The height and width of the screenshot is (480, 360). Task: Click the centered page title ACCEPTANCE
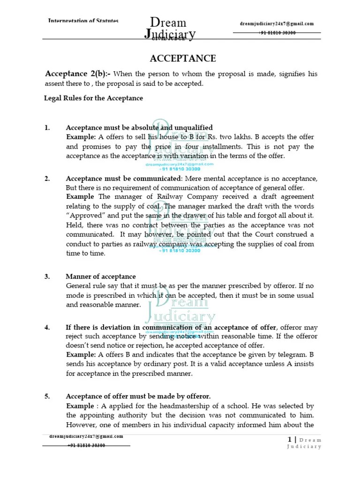[182, 59]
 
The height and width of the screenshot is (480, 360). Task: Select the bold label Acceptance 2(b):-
[78, 74]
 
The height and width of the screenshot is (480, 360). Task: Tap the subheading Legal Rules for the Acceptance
[93, 98]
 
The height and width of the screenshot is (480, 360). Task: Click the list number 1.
[46, 127]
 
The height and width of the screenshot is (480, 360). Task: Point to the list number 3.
[47, 277]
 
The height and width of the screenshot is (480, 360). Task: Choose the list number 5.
[47, 396]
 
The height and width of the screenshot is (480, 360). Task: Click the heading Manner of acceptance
[101, 277]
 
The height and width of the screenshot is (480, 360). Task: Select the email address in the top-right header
[277, 24]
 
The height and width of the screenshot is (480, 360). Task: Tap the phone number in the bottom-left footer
[86, 445]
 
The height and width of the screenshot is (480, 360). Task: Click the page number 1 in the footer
[290, 439]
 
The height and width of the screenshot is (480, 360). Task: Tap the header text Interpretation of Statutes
[83, 21]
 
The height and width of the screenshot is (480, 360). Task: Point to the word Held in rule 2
[74, 225]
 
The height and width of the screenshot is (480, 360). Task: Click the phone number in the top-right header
[277, 32]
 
